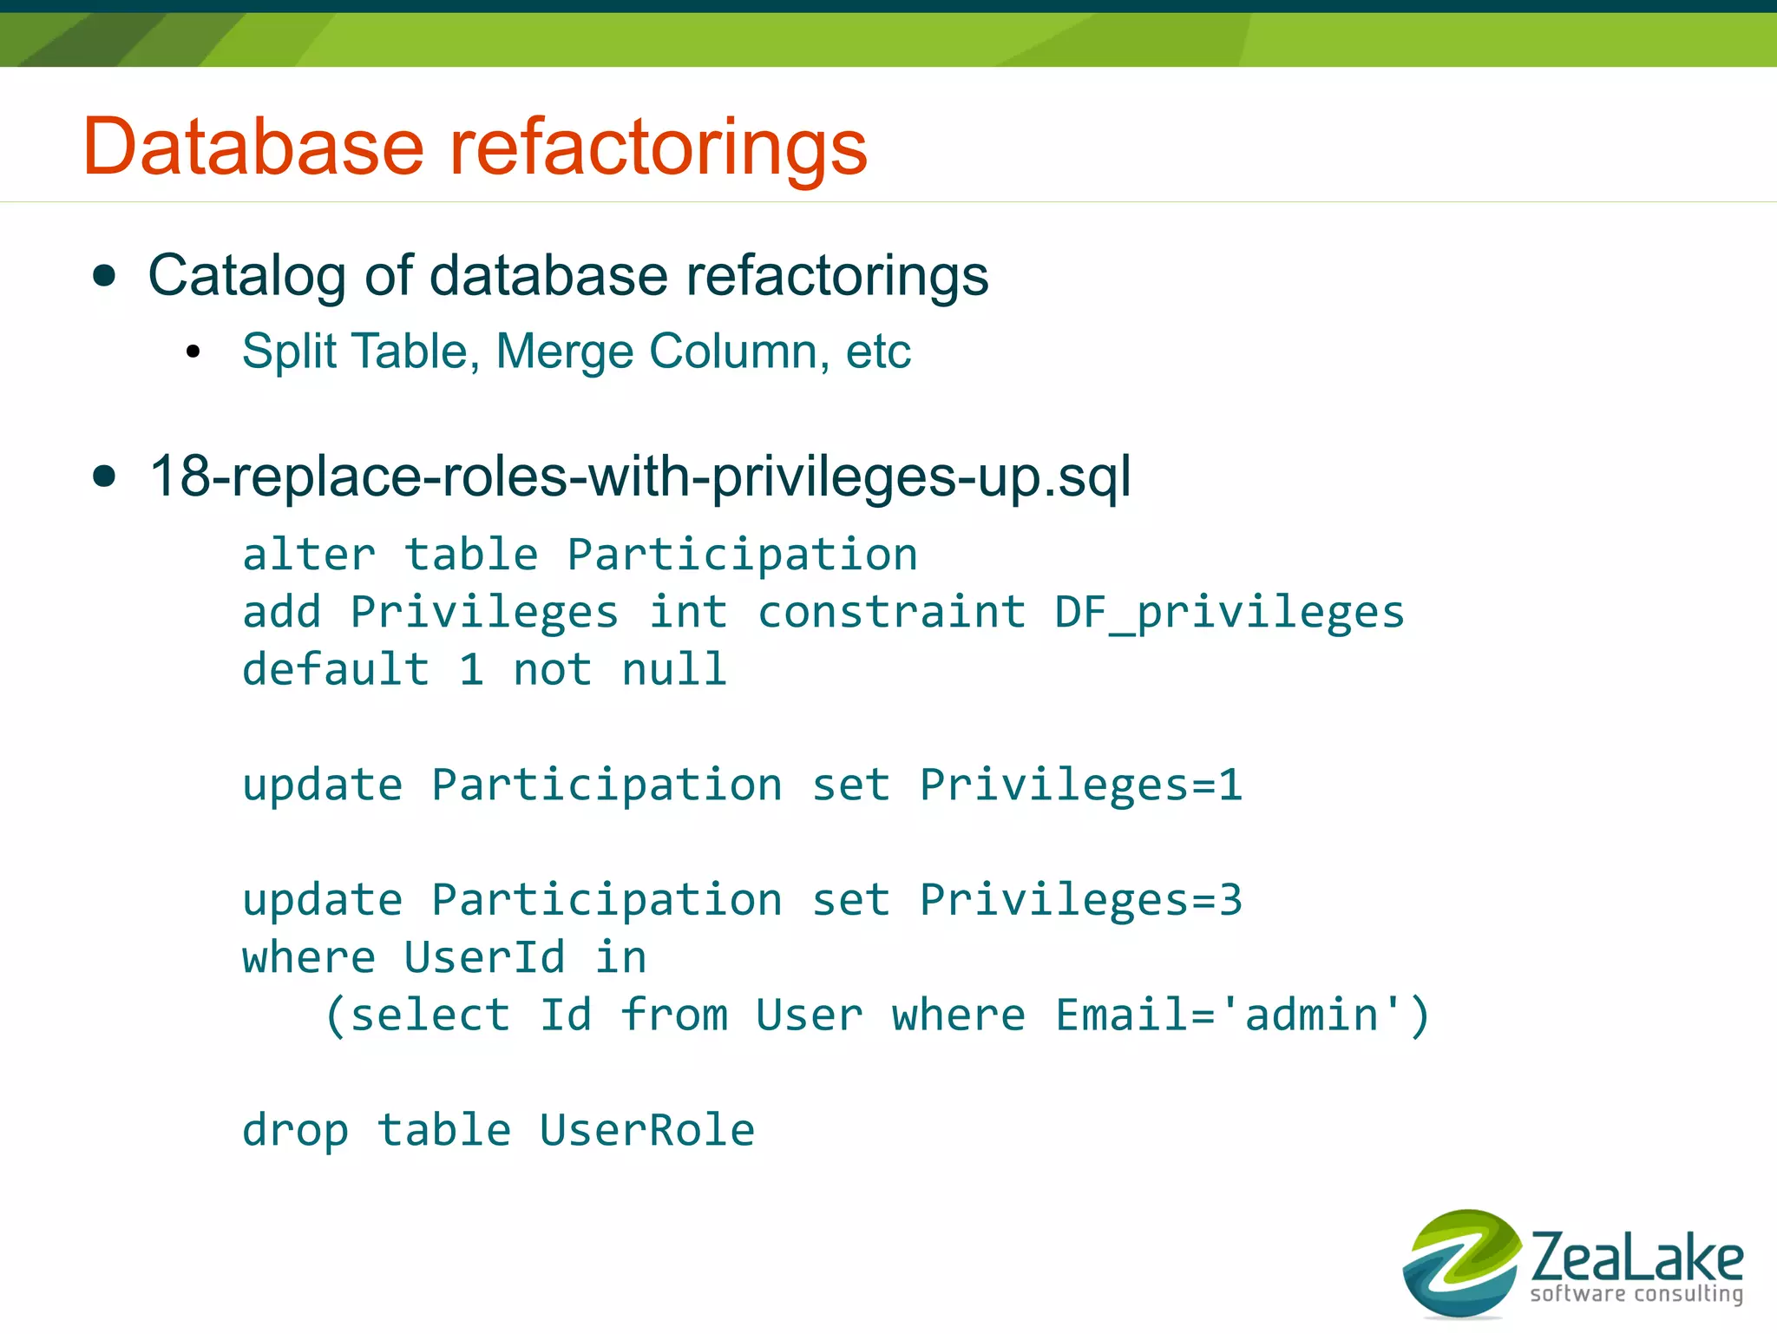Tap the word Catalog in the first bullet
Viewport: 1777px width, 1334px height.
(x=246, y=277)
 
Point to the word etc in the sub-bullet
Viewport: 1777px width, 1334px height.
(x=878, y=352)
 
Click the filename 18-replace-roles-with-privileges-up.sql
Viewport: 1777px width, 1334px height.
(x=639, y=476)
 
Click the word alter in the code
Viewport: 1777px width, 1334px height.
(x=309, y=555)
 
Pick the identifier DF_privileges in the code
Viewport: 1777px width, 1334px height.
(x=1229, y=612)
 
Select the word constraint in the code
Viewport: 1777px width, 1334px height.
(x=892, y=612)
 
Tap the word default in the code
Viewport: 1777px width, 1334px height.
(x=336, y=669)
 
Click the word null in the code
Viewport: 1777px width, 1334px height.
(x=674, y=669)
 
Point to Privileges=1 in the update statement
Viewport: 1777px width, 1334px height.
(x=1080, y=785)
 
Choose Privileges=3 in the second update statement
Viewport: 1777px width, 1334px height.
(x=1080, y=899)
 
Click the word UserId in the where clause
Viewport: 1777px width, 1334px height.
(x=484, y=957)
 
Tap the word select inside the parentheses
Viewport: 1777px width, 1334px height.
(x=429, y=1015)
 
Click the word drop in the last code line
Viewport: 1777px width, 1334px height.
(x=295, y=1130)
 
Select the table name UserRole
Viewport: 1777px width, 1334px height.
(x=646, y=1130)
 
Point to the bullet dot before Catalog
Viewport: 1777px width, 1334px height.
(x=104, y=277)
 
